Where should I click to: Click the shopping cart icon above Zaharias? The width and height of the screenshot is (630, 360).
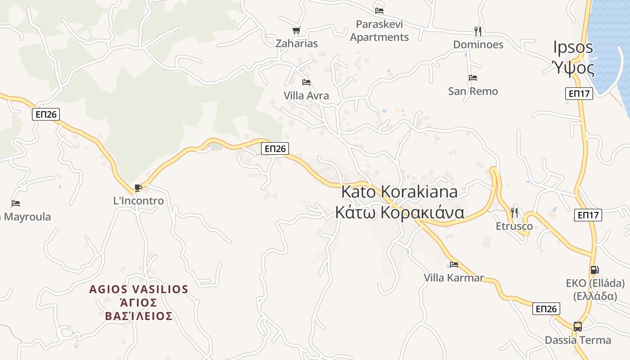click(296, 31)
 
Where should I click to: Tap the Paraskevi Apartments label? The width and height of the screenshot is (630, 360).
click(379, 31)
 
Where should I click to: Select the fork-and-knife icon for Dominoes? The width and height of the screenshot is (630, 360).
click(478, 31)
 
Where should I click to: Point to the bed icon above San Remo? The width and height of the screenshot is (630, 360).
click(472, 78)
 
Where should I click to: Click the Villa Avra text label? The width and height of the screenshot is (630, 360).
click(306, 95)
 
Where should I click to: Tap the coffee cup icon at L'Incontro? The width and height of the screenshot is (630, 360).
click(138, 188)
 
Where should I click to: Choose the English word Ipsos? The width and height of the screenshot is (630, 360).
click(573, 47)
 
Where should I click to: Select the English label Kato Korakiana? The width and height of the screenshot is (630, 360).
click(399, 192)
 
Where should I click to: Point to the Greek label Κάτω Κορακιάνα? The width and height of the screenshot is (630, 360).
click(399, 212)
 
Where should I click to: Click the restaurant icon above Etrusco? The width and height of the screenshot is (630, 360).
click(514, 212)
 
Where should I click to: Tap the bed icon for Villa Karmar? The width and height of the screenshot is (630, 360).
click(454, 264)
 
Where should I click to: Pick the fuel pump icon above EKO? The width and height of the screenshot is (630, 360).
click(594, 270)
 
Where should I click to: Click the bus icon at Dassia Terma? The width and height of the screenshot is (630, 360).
click(578, 327)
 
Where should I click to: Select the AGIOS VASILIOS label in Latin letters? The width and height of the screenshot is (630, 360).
click(139, 289)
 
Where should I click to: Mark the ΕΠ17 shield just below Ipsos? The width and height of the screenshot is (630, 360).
click(579, 94)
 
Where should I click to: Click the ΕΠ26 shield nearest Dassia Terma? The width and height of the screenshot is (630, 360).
click(546, 309)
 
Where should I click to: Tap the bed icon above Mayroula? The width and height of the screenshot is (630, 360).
click(16, 203)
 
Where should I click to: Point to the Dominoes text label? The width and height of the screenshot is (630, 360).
click(478, 45)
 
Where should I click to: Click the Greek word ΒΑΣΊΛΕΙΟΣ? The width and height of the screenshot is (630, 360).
click(139, 316)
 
